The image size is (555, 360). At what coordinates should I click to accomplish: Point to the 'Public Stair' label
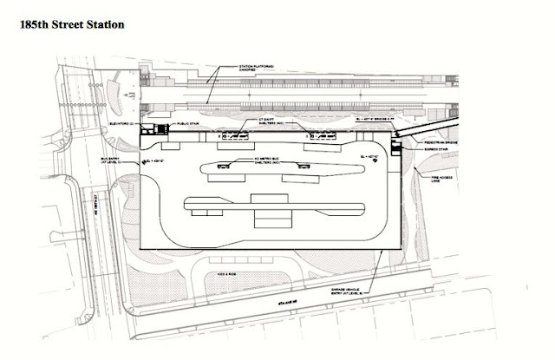[190, 124]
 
